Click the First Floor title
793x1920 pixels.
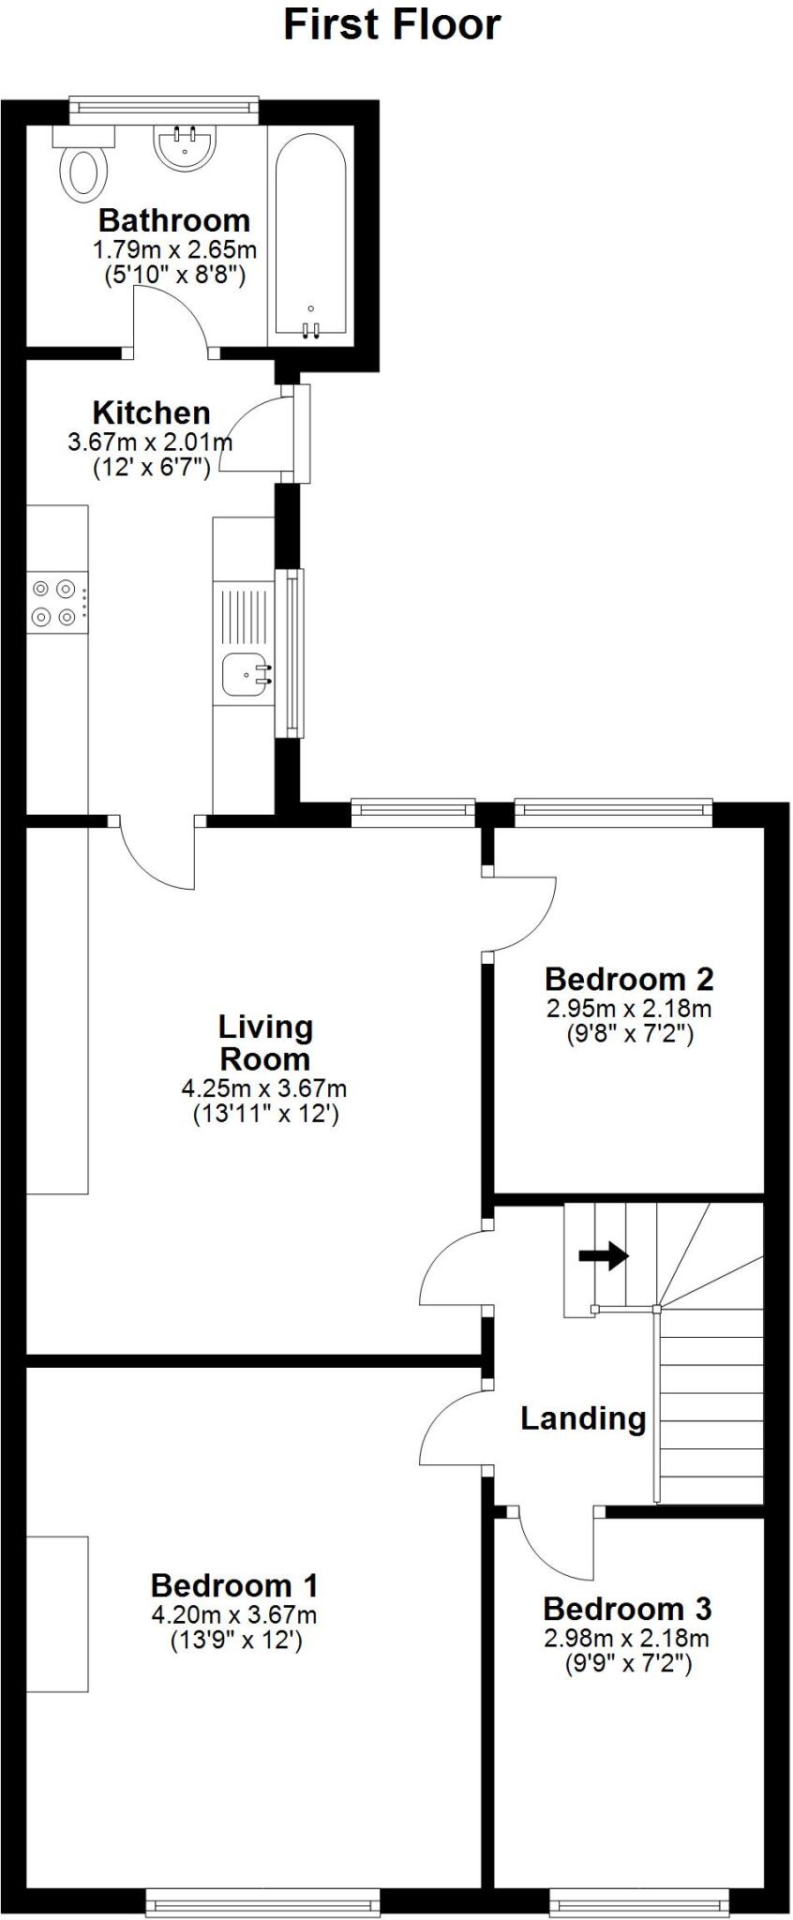392,24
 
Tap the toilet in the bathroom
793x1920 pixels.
83,169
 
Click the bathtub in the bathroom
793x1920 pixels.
310,234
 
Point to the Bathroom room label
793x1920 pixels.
174,220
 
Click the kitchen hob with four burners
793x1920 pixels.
53,603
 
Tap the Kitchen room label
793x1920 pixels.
151,412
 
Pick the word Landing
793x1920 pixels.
583,1418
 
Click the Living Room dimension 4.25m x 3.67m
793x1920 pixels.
264,1088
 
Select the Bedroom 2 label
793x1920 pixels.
629,979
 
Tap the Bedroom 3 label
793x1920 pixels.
627,1609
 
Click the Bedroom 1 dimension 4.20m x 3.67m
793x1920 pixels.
234,1614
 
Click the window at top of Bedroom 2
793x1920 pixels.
613,812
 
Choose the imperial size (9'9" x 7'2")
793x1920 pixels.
627,1664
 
